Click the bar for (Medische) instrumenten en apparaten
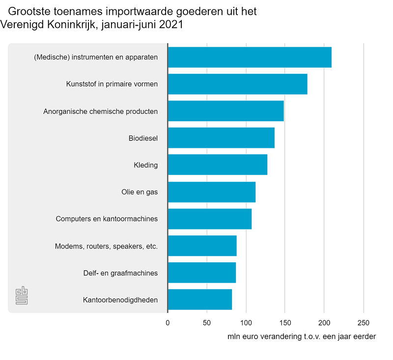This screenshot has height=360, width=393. (250, 57)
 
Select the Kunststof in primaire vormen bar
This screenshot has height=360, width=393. (238, 84)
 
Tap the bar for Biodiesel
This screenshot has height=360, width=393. (221, 138)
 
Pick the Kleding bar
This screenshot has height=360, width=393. (218, 165)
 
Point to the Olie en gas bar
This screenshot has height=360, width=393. (212, 192)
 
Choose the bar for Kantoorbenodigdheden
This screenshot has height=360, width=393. (200, 300)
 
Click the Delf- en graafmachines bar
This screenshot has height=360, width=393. (202, 273)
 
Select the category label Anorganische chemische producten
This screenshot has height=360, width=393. (101, 111)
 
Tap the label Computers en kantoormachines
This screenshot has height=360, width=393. (107, 219)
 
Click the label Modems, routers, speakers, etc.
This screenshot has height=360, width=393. (106, 246)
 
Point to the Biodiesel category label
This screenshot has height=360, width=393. (143, 138)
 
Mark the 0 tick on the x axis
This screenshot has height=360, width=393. (168, 323)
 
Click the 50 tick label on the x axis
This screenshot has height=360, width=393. (207, 323)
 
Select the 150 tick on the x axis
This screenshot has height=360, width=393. (285, 323)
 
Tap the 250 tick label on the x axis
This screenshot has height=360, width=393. (363, 323)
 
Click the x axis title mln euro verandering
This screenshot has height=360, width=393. (302, 336)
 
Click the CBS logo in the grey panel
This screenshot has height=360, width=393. (22, 295)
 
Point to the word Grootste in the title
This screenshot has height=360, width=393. (29, 11)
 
